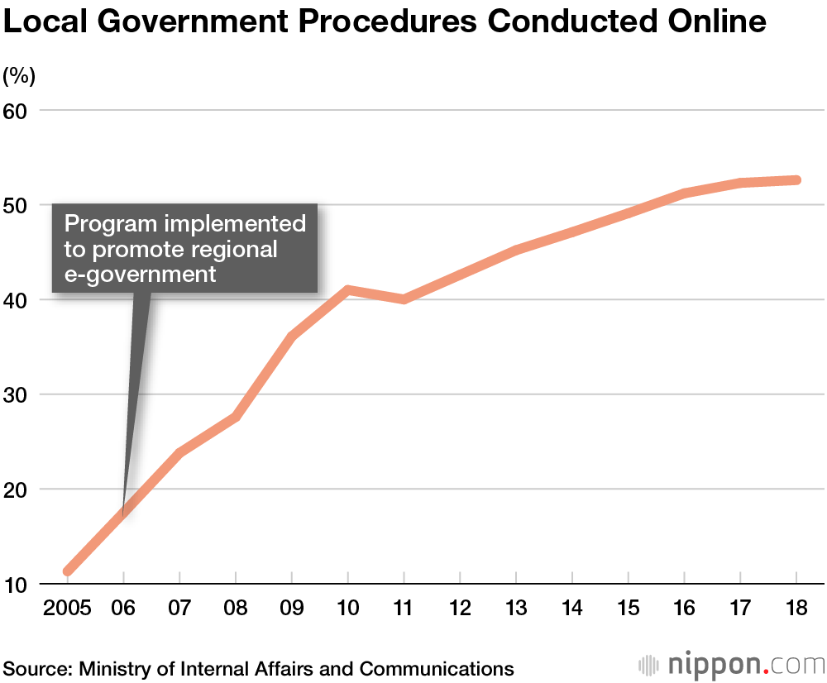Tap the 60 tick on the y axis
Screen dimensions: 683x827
pos(19,110)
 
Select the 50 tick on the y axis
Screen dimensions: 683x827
pos(19,205)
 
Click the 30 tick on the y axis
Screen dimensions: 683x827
pos(19,394)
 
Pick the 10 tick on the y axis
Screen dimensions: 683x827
pos(19,584)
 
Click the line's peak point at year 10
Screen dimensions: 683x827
pos(348,289)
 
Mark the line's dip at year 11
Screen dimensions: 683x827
pos(404,299)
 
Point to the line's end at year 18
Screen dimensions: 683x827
pos(796,179)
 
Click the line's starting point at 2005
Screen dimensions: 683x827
pos(68,571)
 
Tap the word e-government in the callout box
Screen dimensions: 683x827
pos(140,275)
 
